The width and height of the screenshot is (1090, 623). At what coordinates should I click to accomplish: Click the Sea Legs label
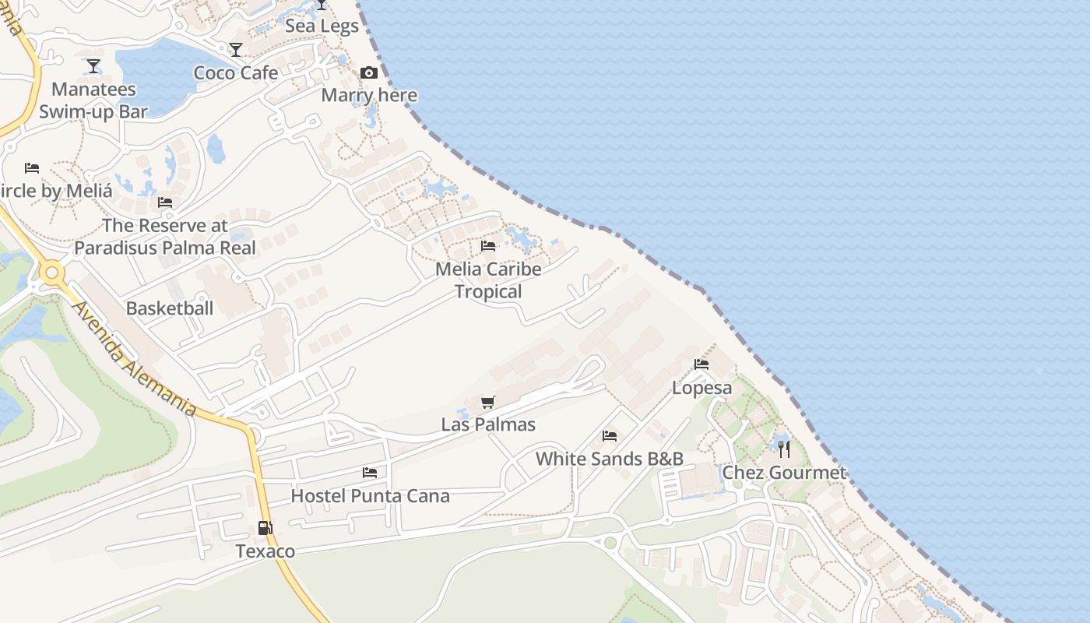click(x=322, y=26)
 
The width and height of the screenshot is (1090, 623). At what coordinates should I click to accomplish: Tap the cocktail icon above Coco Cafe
click(x=236, y=50)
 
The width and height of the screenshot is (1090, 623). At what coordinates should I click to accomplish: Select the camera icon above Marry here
click(x=369, y=73)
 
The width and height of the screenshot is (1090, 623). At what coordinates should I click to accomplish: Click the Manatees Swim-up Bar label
click(x=93, y=100)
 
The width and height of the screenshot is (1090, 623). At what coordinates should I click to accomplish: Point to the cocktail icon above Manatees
click(x=93, y=66)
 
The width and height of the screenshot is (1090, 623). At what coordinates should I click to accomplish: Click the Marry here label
click(x=369, y=95)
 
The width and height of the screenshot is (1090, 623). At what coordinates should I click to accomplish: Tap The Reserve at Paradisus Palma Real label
click(x=165, y=237)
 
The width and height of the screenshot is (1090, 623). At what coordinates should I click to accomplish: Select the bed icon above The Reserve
click(x=165, y=202)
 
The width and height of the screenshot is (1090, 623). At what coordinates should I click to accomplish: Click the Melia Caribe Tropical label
click(x=488, y=280)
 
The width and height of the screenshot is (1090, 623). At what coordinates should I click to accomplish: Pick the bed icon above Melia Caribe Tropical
click(x=488, y=246)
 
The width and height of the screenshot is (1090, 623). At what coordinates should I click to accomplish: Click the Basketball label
click(x=170, y=308)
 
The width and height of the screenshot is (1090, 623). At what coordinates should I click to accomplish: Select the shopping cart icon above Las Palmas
click(x=488, y=403)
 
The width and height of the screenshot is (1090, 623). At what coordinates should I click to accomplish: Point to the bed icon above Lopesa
click(x=701, y=364)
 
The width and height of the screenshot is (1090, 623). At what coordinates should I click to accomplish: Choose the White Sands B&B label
click(x=610, y=459)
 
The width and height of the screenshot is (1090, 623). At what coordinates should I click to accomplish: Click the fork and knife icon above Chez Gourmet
click(x=784, y=449)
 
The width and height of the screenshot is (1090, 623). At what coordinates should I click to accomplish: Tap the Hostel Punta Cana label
click(x=370, y=496)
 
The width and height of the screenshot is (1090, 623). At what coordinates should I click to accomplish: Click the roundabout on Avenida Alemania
click(x=53, y=273)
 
